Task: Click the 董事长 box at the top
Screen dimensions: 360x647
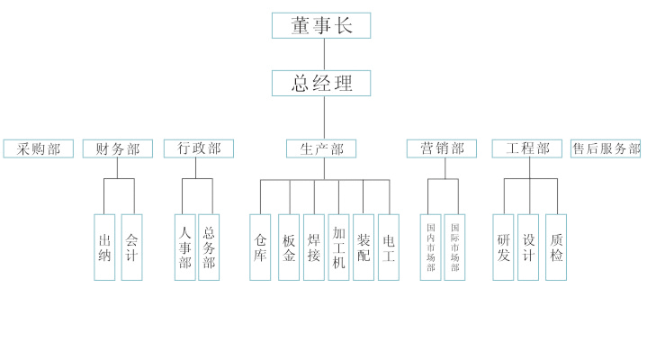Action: coord(321,25)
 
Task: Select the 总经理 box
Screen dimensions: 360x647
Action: coord(321,83)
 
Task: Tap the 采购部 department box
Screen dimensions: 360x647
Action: coord(38,148)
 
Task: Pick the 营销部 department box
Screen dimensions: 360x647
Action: coord(441,148)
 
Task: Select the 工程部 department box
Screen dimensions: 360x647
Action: coord(527,148)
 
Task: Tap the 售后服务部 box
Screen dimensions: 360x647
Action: coord(606,148)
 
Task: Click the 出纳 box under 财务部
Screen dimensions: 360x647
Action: coord(104,247)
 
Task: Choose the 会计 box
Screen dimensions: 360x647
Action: coord(131,247)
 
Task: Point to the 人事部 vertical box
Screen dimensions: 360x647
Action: coord(184,247)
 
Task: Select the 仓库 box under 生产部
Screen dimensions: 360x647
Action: coord(260,247)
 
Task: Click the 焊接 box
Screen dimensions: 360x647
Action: coord(313,247)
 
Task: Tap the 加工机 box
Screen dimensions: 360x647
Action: coord(338,247)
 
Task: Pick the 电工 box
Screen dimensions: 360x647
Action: coord(389,247)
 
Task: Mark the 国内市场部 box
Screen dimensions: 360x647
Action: coord(430,247)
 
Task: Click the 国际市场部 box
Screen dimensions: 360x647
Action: coord(454,247)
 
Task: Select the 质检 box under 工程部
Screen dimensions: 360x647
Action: coord(556,247)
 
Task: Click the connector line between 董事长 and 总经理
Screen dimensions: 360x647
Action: coord(322,54)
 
